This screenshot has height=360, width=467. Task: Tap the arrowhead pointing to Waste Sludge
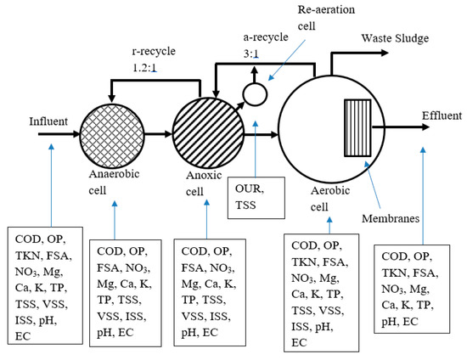pos(385,53)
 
